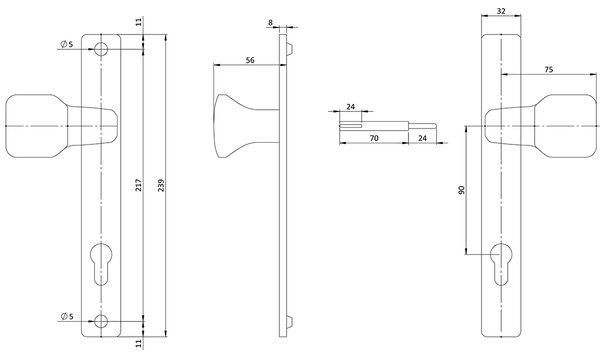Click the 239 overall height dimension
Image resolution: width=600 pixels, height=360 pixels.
coord(161,185)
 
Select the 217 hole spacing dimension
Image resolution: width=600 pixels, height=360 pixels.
coord(139,185)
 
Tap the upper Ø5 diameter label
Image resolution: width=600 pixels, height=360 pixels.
coord(67,44)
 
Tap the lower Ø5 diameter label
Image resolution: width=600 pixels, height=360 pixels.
coord(67,316)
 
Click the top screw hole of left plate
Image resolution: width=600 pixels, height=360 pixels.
coord(101,49)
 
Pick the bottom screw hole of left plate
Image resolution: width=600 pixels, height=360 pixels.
coord(101,321)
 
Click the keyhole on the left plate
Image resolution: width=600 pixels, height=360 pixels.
coord(101,264)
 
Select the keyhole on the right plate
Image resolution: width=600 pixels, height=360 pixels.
coord(501,264)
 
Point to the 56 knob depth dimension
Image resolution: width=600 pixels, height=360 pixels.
coord(250,60)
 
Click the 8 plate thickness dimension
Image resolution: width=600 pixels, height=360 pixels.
coord(271,23)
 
